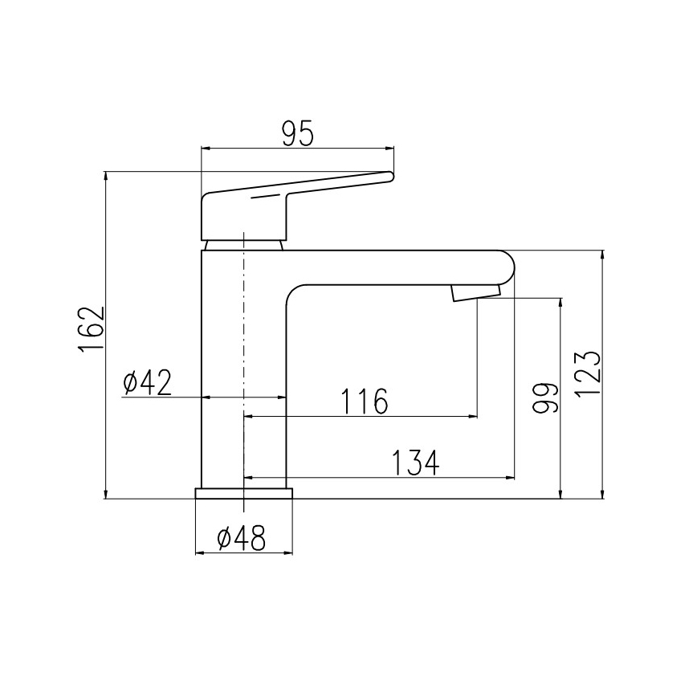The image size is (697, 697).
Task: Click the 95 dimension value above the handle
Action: tap(297, 134)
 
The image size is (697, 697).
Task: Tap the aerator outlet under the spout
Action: tap(475, 291)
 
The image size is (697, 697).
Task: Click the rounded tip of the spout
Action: tap(507, 266)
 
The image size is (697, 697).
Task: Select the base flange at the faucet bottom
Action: tap(243, 493)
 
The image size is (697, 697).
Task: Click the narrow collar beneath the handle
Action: tap(243, 244)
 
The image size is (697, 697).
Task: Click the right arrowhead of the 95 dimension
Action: tap(391, 149)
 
